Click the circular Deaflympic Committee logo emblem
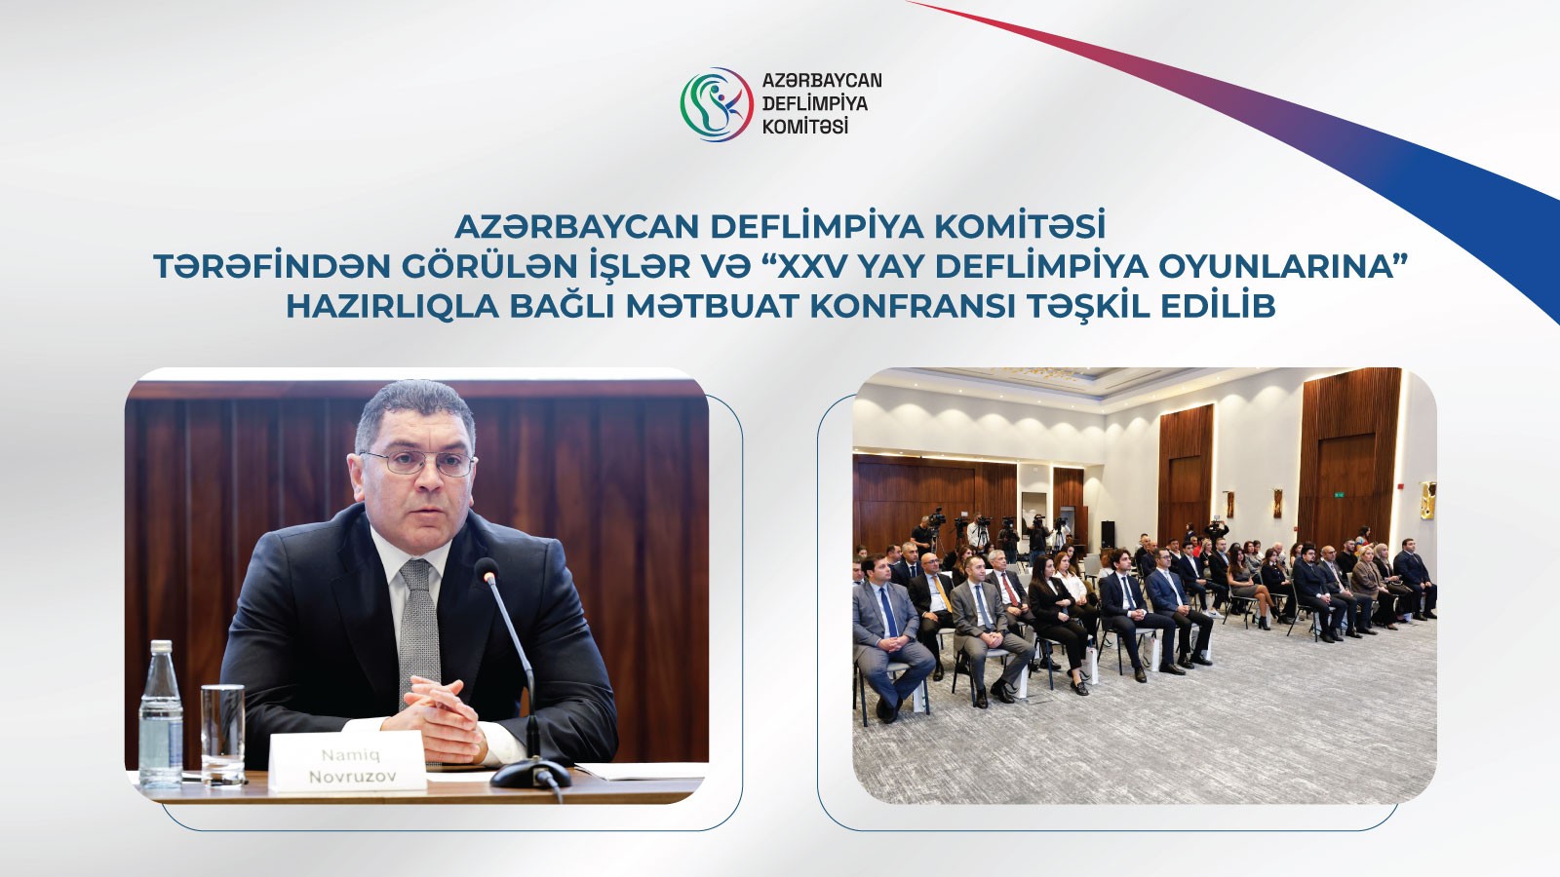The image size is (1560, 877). pyautogui.click(x=717, y=103)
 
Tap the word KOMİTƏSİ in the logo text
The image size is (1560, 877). pyautogui.click(x=804, y=127)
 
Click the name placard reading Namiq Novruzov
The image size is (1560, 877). pyautogui.click(x=349, y=764)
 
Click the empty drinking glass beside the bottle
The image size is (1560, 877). pyautogui.click(x=222, y=733)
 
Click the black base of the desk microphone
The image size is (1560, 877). pyautogui.click(x=530, y=775)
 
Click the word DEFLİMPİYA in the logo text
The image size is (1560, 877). pyautogui.click(x=814, y=103)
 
